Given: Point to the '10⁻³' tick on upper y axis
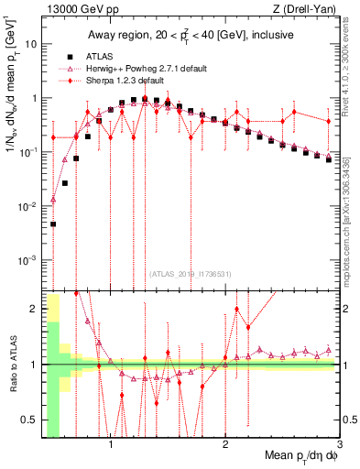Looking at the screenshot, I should coord(28,259).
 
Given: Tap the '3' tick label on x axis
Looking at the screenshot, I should coord(340,446).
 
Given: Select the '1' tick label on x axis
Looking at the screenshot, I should coord(111,446).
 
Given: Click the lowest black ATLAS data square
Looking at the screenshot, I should coord(53,224).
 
